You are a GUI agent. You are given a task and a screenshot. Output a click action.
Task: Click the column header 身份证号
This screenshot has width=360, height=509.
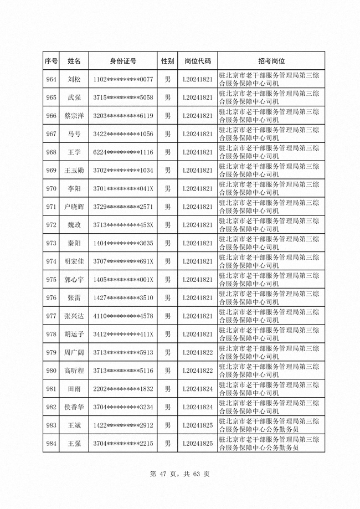123,61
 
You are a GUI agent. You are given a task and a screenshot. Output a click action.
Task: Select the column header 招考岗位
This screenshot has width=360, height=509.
271,61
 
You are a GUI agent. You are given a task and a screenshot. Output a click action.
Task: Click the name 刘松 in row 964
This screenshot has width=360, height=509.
74,80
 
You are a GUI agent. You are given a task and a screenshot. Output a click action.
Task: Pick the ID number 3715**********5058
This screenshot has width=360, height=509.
123,98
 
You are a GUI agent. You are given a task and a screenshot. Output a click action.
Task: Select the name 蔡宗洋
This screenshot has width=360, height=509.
74,116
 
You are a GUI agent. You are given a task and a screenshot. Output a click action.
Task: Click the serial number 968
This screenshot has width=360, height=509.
52,152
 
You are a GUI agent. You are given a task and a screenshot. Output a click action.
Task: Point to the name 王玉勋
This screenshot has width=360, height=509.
74,170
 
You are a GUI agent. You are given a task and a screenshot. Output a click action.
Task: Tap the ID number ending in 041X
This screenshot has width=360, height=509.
123,188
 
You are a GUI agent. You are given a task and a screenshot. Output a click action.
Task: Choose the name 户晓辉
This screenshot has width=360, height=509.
74,207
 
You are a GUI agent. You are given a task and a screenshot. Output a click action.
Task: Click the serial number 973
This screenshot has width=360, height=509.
52,243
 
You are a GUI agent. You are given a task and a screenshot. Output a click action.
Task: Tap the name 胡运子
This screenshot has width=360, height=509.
74,334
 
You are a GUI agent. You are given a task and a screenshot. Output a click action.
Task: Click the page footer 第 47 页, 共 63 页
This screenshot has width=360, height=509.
180,474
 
